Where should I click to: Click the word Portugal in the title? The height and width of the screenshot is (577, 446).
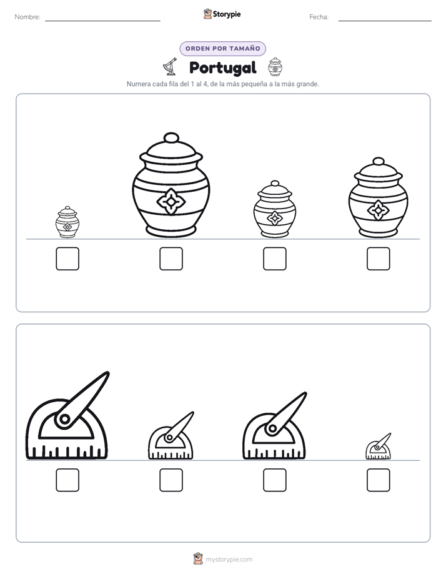(222, 67)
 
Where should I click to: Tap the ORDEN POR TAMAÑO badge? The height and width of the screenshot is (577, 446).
(222, 49)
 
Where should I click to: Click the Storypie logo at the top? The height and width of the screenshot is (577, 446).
(222, 14)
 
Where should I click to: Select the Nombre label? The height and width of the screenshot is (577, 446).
(27, 17)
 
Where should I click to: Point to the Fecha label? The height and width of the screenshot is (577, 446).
(319, 17)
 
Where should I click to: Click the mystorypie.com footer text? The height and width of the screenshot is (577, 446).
(229, 560)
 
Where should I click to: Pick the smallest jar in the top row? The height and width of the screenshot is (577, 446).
(67, 222)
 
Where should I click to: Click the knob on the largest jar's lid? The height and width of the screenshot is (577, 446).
(171, 138)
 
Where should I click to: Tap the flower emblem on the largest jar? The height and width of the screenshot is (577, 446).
(171, 201)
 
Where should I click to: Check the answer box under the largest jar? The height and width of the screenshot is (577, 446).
(171, 259)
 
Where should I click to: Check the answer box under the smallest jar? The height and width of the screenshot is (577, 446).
(67, 259)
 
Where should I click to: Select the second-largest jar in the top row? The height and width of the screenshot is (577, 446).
(379, 197)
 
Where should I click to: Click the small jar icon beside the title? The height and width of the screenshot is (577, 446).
(275, 67)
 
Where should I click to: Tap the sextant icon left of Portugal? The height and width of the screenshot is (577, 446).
(170, 66)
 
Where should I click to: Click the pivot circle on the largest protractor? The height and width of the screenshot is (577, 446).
(65, 419)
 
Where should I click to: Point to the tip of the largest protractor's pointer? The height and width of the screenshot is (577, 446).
(108, 372)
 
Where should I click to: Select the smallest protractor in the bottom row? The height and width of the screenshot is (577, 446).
(379, 446)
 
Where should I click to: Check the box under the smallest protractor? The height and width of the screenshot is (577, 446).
(379, 480)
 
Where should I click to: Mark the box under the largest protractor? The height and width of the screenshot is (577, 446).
(67, 480)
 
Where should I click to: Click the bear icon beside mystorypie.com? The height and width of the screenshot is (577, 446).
(199, 559)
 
